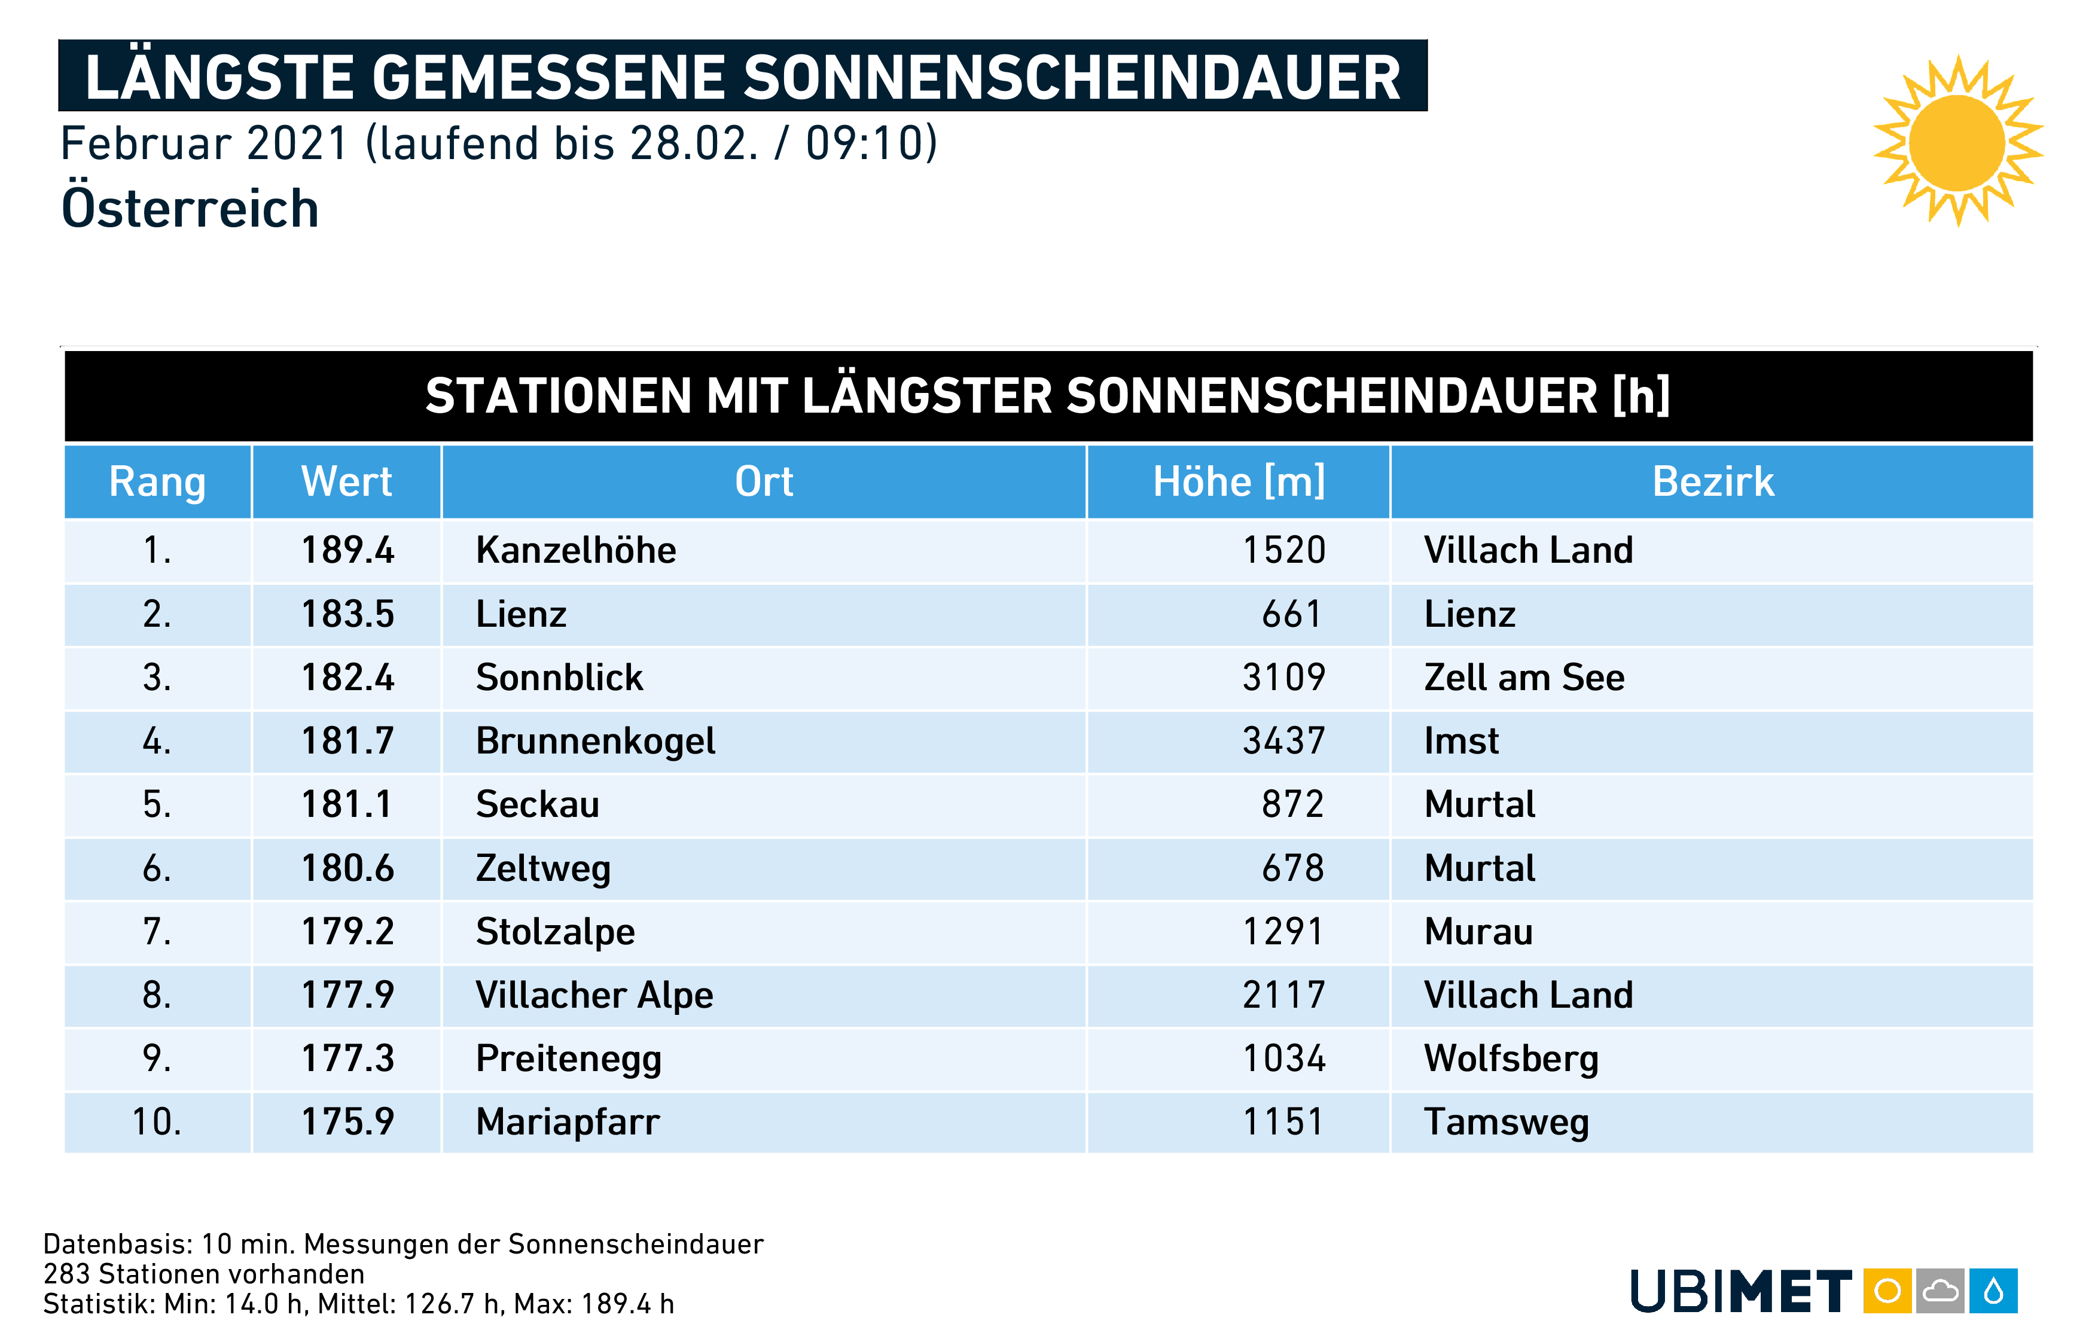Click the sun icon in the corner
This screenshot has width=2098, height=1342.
click(x=1957, y=142)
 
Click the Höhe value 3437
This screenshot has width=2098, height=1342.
click(x=1283, y=742)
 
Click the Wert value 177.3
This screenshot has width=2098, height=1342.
click(x=347, y=1059)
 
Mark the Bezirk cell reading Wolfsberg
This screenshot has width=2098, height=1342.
click(x=1511, y=1059)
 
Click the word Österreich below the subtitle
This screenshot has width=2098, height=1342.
click(x=190, y=209)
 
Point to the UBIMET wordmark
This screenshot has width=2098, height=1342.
click(x=1741, y=1291)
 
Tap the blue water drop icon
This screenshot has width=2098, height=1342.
click(x=1993, y=1291)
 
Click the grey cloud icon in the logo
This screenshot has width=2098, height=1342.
click(x=1940, y=1291)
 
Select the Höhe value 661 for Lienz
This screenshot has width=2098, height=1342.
click(x=1291, y=614)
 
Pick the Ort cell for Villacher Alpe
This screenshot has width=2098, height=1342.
click(x=594, y=995)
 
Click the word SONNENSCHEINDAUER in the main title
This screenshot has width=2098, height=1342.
click(x=1072, y=78)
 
